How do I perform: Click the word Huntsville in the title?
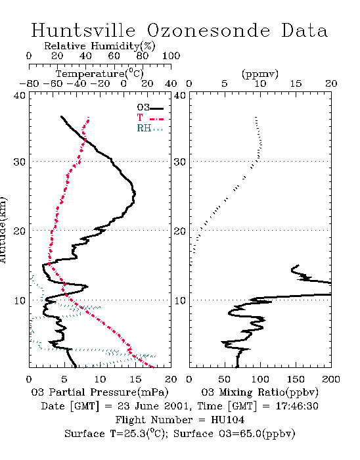coord(83,30)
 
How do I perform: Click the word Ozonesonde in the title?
coord(208,30)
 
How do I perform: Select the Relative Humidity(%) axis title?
coord(100,46)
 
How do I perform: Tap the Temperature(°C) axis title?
coord(100,74)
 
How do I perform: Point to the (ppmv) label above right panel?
coord(260,74)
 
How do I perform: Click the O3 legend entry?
coord(150,108)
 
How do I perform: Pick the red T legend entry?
coord(150,118)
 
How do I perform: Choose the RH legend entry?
coord(150,128)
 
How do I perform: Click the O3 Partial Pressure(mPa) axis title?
coord(100,392)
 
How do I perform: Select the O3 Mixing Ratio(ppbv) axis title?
coord(259,392)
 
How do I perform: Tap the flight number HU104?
coord(227,420)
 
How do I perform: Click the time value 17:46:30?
coord(297,406)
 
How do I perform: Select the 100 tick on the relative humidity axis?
coord(171,56)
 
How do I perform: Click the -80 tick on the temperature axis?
coord(29,83)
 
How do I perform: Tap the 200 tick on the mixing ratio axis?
coord(331,379)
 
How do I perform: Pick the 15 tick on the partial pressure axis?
coord(135,379)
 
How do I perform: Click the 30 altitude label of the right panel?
coord(180,162)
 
